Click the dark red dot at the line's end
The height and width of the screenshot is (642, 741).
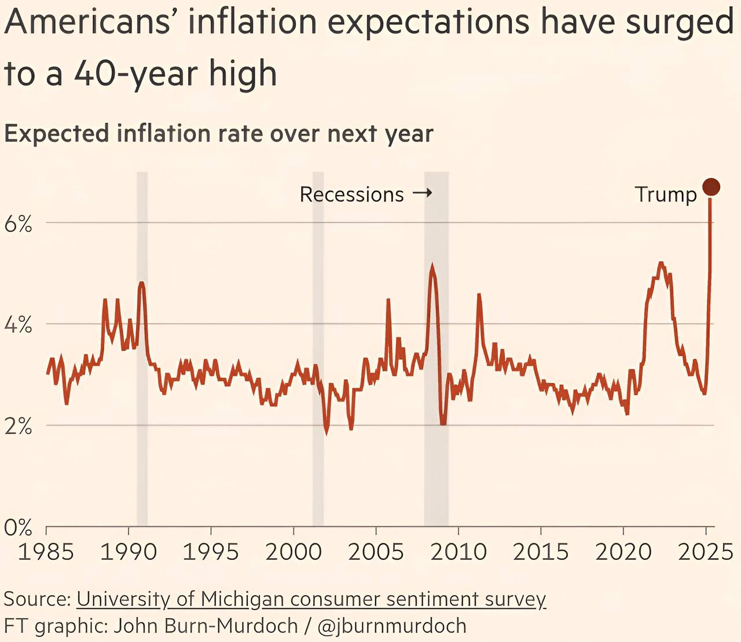tap(711, 187)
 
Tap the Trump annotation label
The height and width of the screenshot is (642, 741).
tap(666, 195)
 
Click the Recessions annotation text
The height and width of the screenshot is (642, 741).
tap(351, 195)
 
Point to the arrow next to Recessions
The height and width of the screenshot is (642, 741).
tap(423, 193)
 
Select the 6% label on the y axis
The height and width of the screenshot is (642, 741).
tap(18, 223)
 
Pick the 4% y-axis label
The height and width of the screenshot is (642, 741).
tap(18, 325)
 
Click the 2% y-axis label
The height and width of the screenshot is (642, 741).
tap(18, 427)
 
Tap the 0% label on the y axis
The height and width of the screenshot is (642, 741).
tap(18, 527)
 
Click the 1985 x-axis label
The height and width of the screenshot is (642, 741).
tap(46, 552)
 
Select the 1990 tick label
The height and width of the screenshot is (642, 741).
tap(129, 552)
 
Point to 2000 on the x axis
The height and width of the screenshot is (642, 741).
tap(294, 552)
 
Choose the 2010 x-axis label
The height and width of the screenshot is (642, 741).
tap(458, 552)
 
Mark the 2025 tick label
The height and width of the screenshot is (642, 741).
tap(706, 552)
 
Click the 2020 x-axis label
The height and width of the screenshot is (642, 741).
tap(623, 552)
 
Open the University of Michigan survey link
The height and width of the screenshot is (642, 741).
tap(311, 599)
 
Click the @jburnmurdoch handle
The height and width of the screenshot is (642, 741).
tap(392, 626)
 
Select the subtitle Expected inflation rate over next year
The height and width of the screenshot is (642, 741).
tap(219, 134)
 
